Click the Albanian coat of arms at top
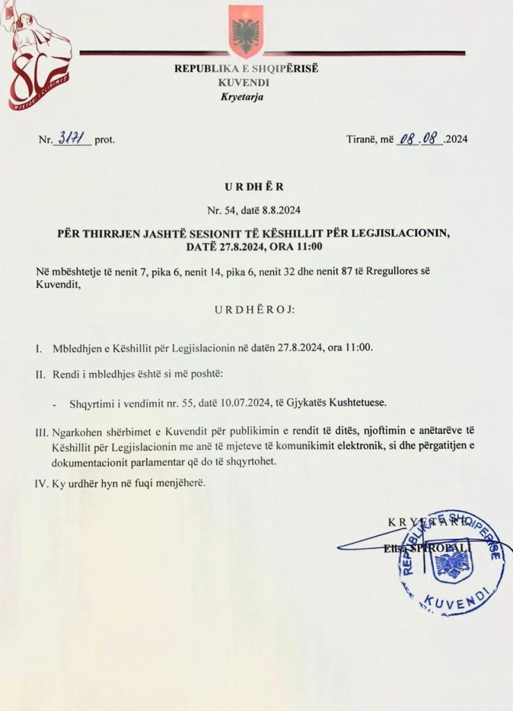(x=246, y=31)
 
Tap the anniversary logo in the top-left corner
(x=40, y=59)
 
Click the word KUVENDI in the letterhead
(x=246, y=82)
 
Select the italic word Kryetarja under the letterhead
(x=246, y=96)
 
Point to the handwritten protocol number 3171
(x=73, y=138)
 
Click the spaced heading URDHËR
(x=255, y=187)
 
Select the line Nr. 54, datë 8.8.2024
(x=255, y=210)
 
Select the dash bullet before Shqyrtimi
(x=55, y=403)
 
